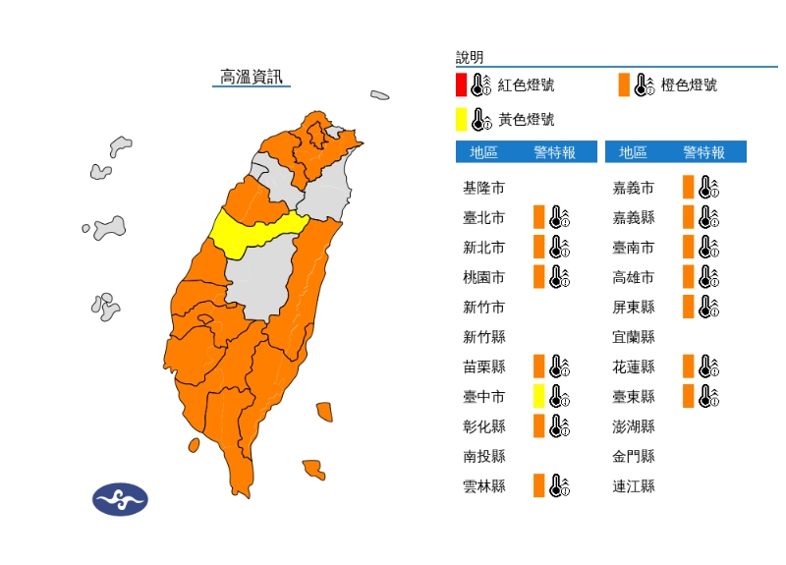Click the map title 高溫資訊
(x=252, y=76)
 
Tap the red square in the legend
(x=461, y=85)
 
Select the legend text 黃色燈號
(x=526, y=120)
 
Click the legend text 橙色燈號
(x=689, y=85)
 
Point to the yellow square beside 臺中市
(x=538, y=396)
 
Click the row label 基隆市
(x=484, y=188)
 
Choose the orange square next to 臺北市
(x=538, y=217)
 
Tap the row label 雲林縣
(x=484, y=485)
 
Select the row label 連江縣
(x=634, y=485)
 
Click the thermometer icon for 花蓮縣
(x=708, y=367)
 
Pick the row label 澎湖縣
(x=634, y=426)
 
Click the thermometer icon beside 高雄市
(x=708, y=277)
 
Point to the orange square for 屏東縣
(x=688, y=307)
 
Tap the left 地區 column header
(x=483, y=152)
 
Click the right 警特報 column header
(x=704, y=152)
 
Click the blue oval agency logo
(x=120, y=499)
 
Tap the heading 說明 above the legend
(x=470, y=58)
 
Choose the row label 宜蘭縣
(x=634, y=337)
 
